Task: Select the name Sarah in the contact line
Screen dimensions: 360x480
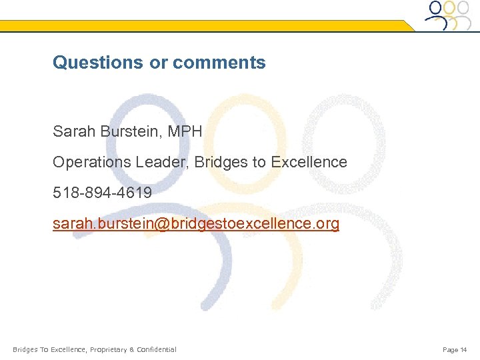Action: pos(74,132)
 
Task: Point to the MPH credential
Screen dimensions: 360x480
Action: pos(185,132)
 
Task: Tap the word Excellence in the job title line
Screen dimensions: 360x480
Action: pos(309,162)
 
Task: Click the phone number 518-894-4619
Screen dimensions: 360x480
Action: pos(102,193)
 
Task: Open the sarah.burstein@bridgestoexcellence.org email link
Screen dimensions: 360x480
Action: pos(196,223)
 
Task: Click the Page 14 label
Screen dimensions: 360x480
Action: pos(455,349)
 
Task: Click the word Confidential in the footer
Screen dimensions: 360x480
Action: pos(156,349)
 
